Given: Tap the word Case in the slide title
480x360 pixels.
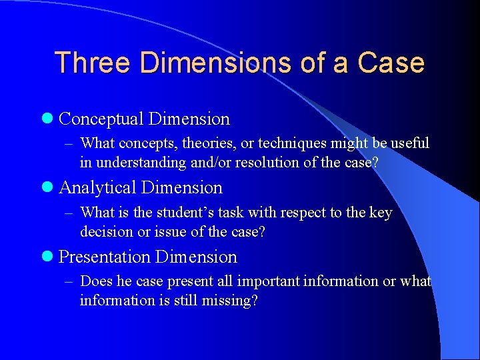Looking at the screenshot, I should pyautogui.click(x=391, y=63).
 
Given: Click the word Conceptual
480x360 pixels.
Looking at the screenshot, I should pyautogui.click(x=101, y=119).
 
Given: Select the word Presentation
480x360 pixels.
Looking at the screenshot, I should pyautogui.click(x=105, y=257).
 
